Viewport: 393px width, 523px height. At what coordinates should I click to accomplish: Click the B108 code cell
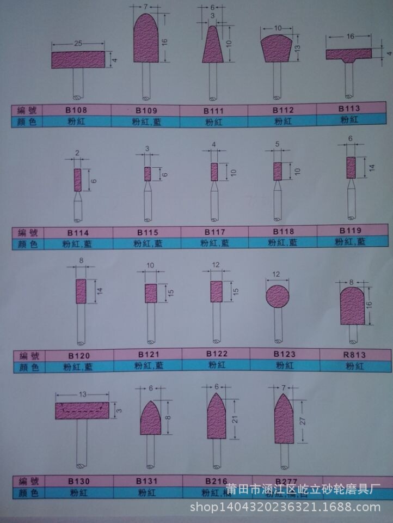point(76,110)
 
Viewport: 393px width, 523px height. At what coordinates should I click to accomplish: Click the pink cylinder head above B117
point(214,172)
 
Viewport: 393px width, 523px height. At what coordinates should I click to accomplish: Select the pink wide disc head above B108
point(78,59)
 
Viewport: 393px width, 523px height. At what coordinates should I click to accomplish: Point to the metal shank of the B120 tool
point(81,324)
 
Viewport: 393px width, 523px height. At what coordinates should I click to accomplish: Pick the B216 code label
point(215,481)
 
